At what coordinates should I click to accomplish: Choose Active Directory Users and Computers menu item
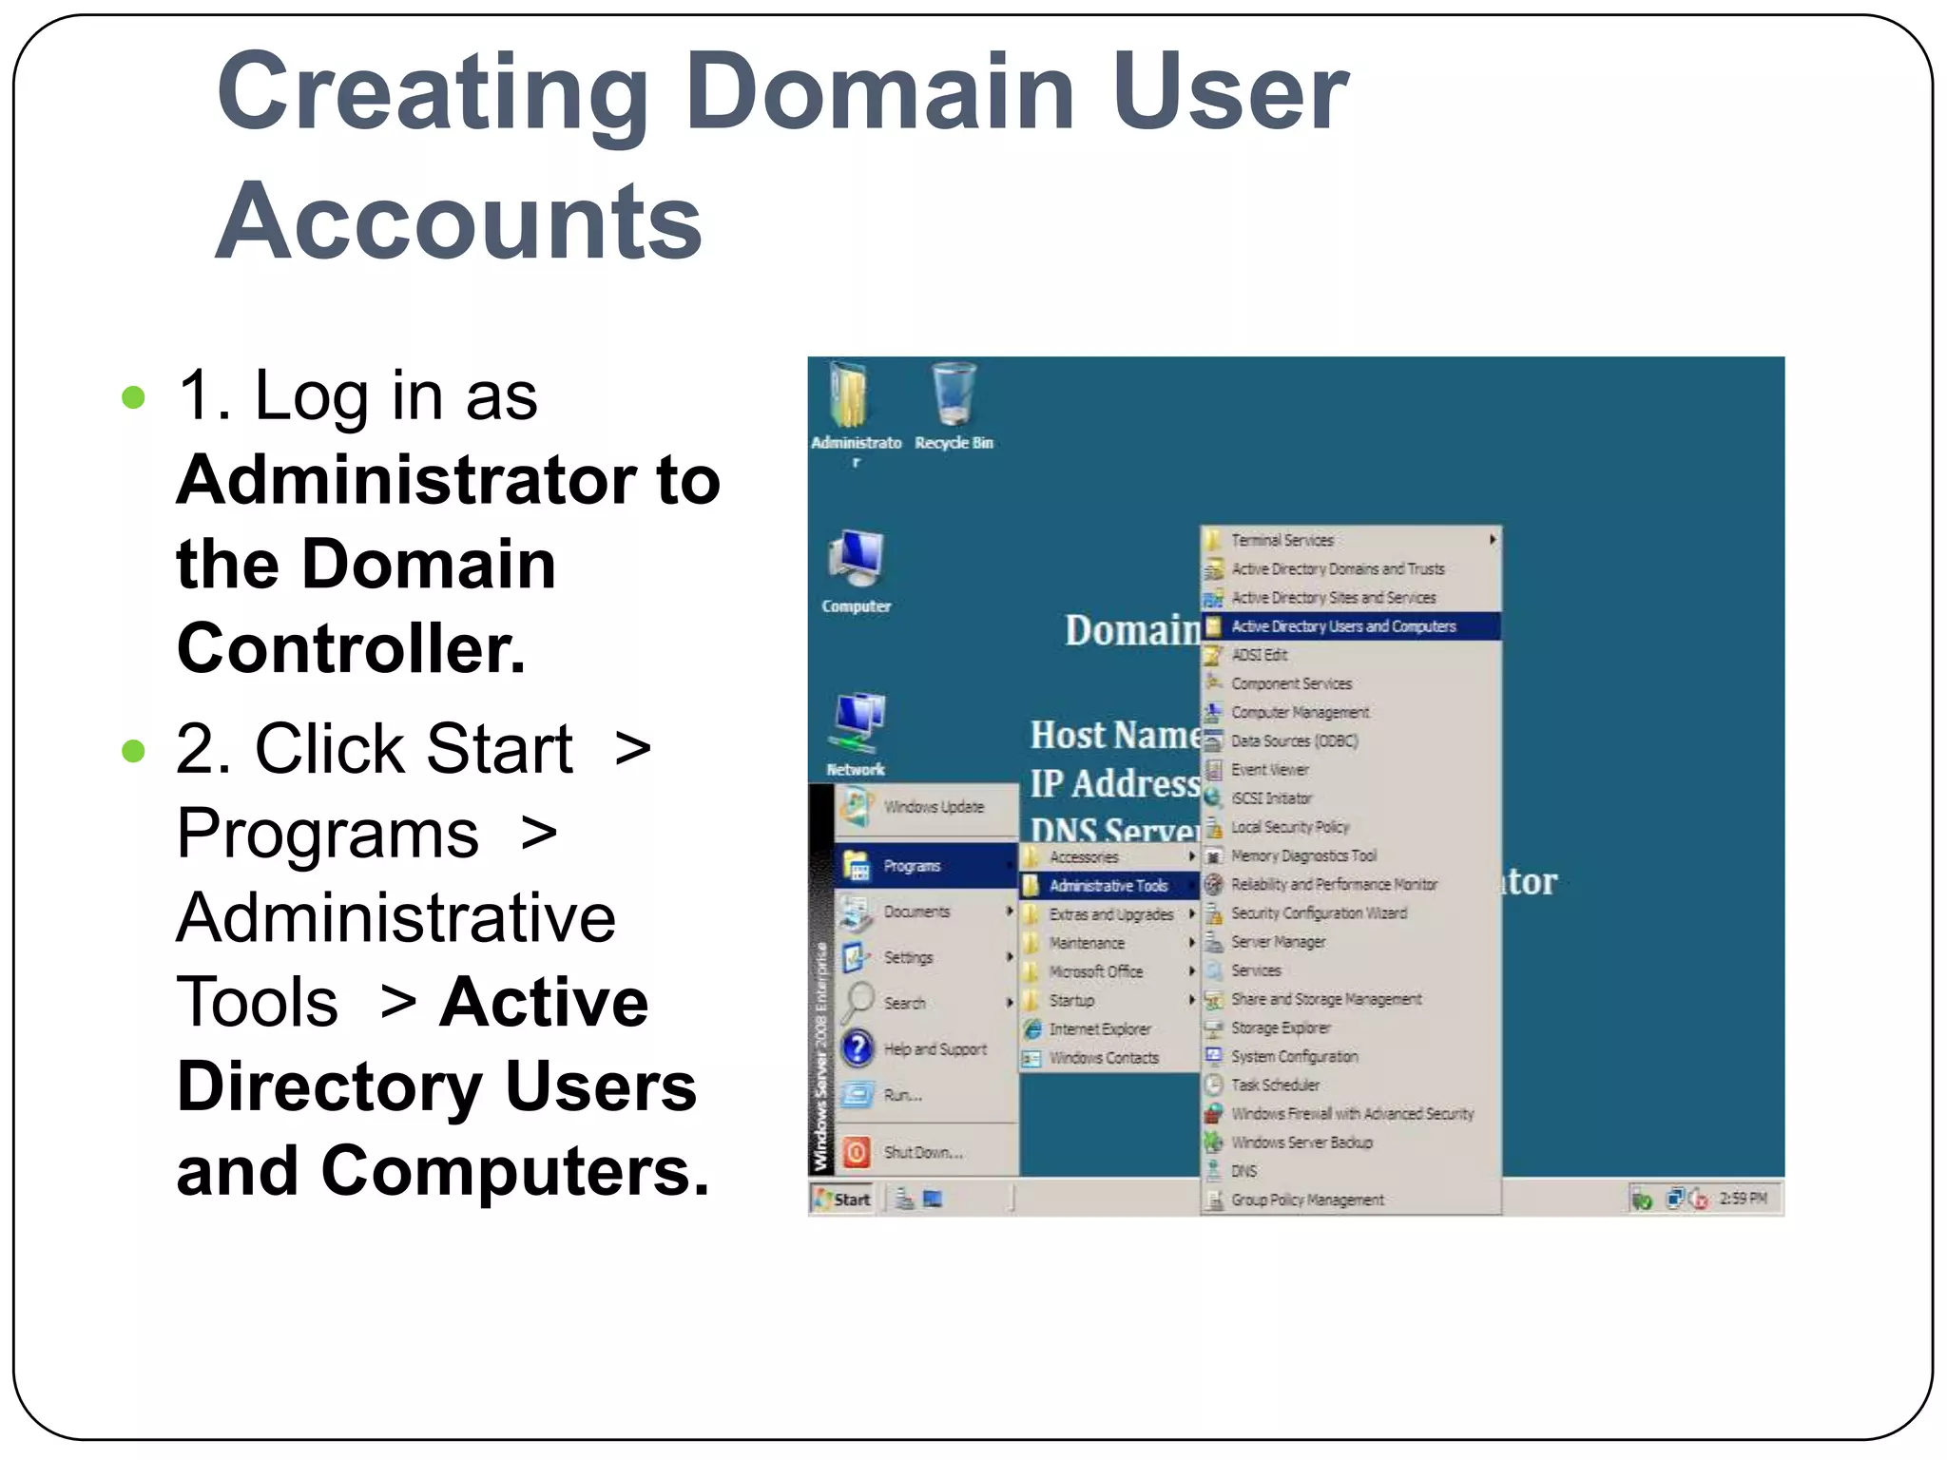click(1342, 626)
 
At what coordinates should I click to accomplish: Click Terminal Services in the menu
click(1282, 540)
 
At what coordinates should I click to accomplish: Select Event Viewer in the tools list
click(1269, 770)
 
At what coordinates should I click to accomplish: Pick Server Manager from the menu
click(1278, 942)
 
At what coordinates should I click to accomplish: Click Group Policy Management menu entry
click(1307, 1201)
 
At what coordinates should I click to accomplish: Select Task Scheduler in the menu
click(1275, 1085)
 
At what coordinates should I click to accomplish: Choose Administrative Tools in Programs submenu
click(1108, 886)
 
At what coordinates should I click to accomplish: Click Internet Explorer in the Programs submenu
click(1099, 1029)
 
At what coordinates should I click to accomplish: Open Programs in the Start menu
click(911, 866)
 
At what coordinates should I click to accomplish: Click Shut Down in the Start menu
click(922, 1153)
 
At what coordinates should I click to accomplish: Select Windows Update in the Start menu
click(933, 807)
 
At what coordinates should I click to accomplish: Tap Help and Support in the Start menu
click(935, 1049)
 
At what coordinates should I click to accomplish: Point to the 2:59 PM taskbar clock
click(1742, 1199)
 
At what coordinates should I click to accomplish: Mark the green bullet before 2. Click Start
click(134, 751)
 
